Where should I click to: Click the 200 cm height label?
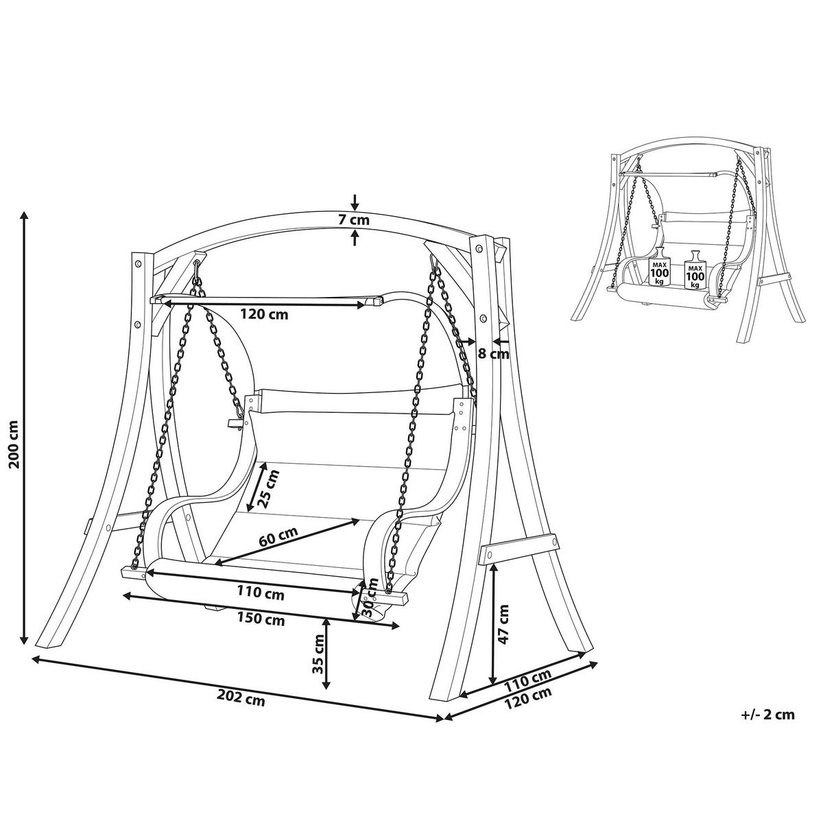pos(15,444)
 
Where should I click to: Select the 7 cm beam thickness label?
pos(354,220)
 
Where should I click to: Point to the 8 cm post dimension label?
pos(493,354)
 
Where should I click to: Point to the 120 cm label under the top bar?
pos(264,314)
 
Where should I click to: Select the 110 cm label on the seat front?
pos(261,593)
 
